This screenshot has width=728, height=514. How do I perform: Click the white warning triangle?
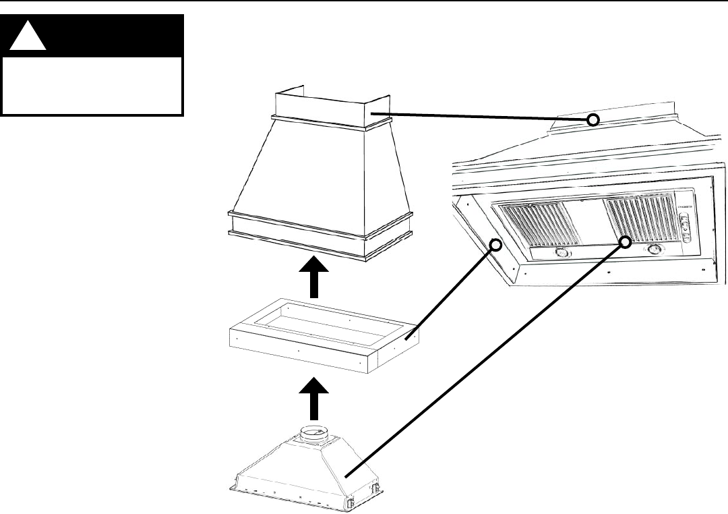(x=28, y=39)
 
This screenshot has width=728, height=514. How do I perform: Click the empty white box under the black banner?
(x=92, y=86)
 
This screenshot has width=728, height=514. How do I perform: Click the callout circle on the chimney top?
(x=593, y=120)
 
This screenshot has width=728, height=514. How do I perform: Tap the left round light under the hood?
(x=561, y=254)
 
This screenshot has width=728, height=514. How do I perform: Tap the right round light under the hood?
(x=653, y=250)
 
